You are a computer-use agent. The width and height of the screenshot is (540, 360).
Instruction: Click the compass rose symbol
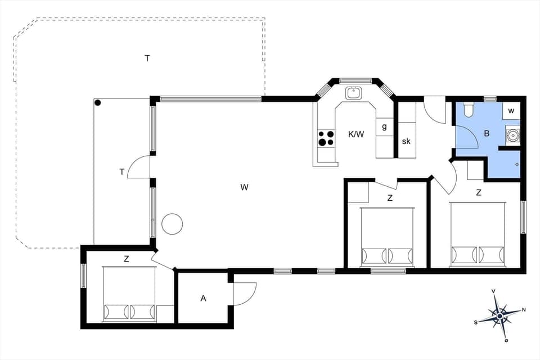pos(499,316)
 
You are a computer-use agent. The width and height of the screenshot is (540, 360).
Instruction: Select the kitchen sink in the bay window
pos(354,93)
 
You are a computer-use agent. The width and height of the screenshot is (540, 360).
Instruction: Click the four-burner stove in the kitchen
pos(326,138)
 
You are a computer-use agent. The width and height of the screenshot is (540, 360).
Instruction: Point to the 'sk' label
pos(406,141)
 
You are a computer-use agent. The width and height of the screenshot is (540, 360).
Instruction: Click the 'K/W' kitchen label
pos(356,134)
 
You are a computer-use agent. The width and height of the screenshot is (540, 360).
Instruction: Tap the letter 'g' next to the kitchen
pos(384,127)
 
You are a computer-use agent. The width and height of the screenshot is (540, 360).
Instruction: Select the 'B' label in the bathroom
pos(487,134)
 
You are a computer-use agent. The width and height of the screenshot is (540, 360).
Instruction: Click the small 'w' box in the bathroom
pos(511,111)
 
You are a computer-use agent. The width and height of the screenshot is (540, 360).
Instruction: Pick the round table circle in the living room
pos(172,224)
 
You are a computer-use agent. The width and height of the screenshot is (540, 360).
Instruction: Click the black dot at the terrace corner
pos(98,103)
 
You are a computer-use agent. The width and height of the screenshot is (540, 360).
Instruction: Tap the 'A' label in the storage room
pos(203,298)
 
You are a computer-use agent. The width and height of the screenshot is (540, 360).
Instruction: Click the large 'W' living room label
pos(244,187)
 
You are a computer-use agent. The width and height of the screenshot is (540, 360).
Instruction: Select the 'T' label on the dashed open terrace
pos(147,58)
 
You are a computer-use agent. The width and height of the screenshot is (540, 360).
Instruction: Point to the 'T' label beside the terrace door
pos(121,172)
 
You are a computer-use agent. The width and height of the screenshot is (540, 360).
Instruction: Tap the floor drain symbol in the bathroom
pos(517,164)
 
